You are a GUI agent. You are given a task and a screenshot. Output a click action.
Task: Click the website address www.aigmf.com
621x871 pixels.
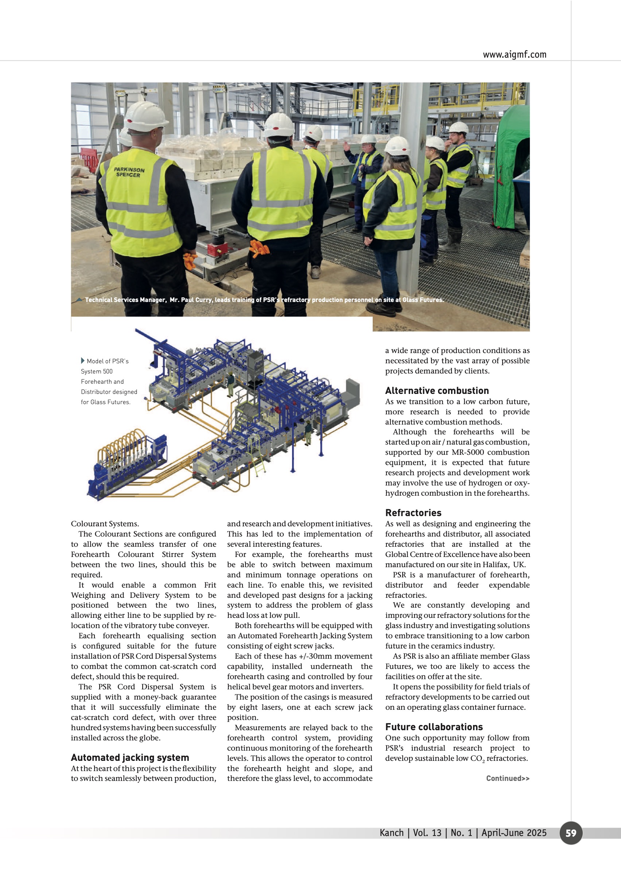(514, 55)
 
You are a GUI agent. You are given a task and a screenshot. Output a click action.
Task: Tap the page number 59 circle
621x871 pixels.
(571, 833)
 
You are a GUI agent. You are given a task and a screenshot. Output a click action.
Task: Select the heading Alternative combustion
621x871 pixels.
(437, 391)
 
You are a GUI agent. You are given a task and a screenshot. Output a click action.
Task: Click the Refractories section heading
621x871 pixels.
(413, 512)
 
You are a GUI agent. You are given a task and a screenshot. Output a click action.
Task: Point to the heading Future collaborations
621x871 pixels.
(434, 727)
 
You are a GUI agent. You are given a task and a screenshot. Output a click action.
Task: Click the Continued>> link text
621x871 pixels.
(508, 778)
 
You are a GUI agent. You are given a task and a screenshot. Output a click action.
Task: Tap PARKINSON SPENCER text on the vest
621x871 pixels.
(129, 172)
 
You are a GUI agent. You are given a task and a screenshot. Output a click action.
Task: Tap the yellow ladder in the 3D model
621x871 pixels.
(259, 464)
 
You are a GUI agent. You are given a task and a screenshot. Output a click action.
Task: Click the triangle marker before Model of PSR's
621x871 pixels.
(83, 361)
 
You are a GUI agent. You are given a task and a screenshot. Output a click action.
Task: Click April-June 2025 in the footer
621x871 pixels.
(513, 833)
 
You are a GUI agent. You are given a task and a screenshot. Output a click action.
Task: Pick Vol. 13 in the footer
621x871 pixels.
(427, 833)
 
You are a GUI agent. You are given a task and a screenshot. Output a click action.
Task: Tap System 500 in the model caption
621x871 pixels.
(97, 371)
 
